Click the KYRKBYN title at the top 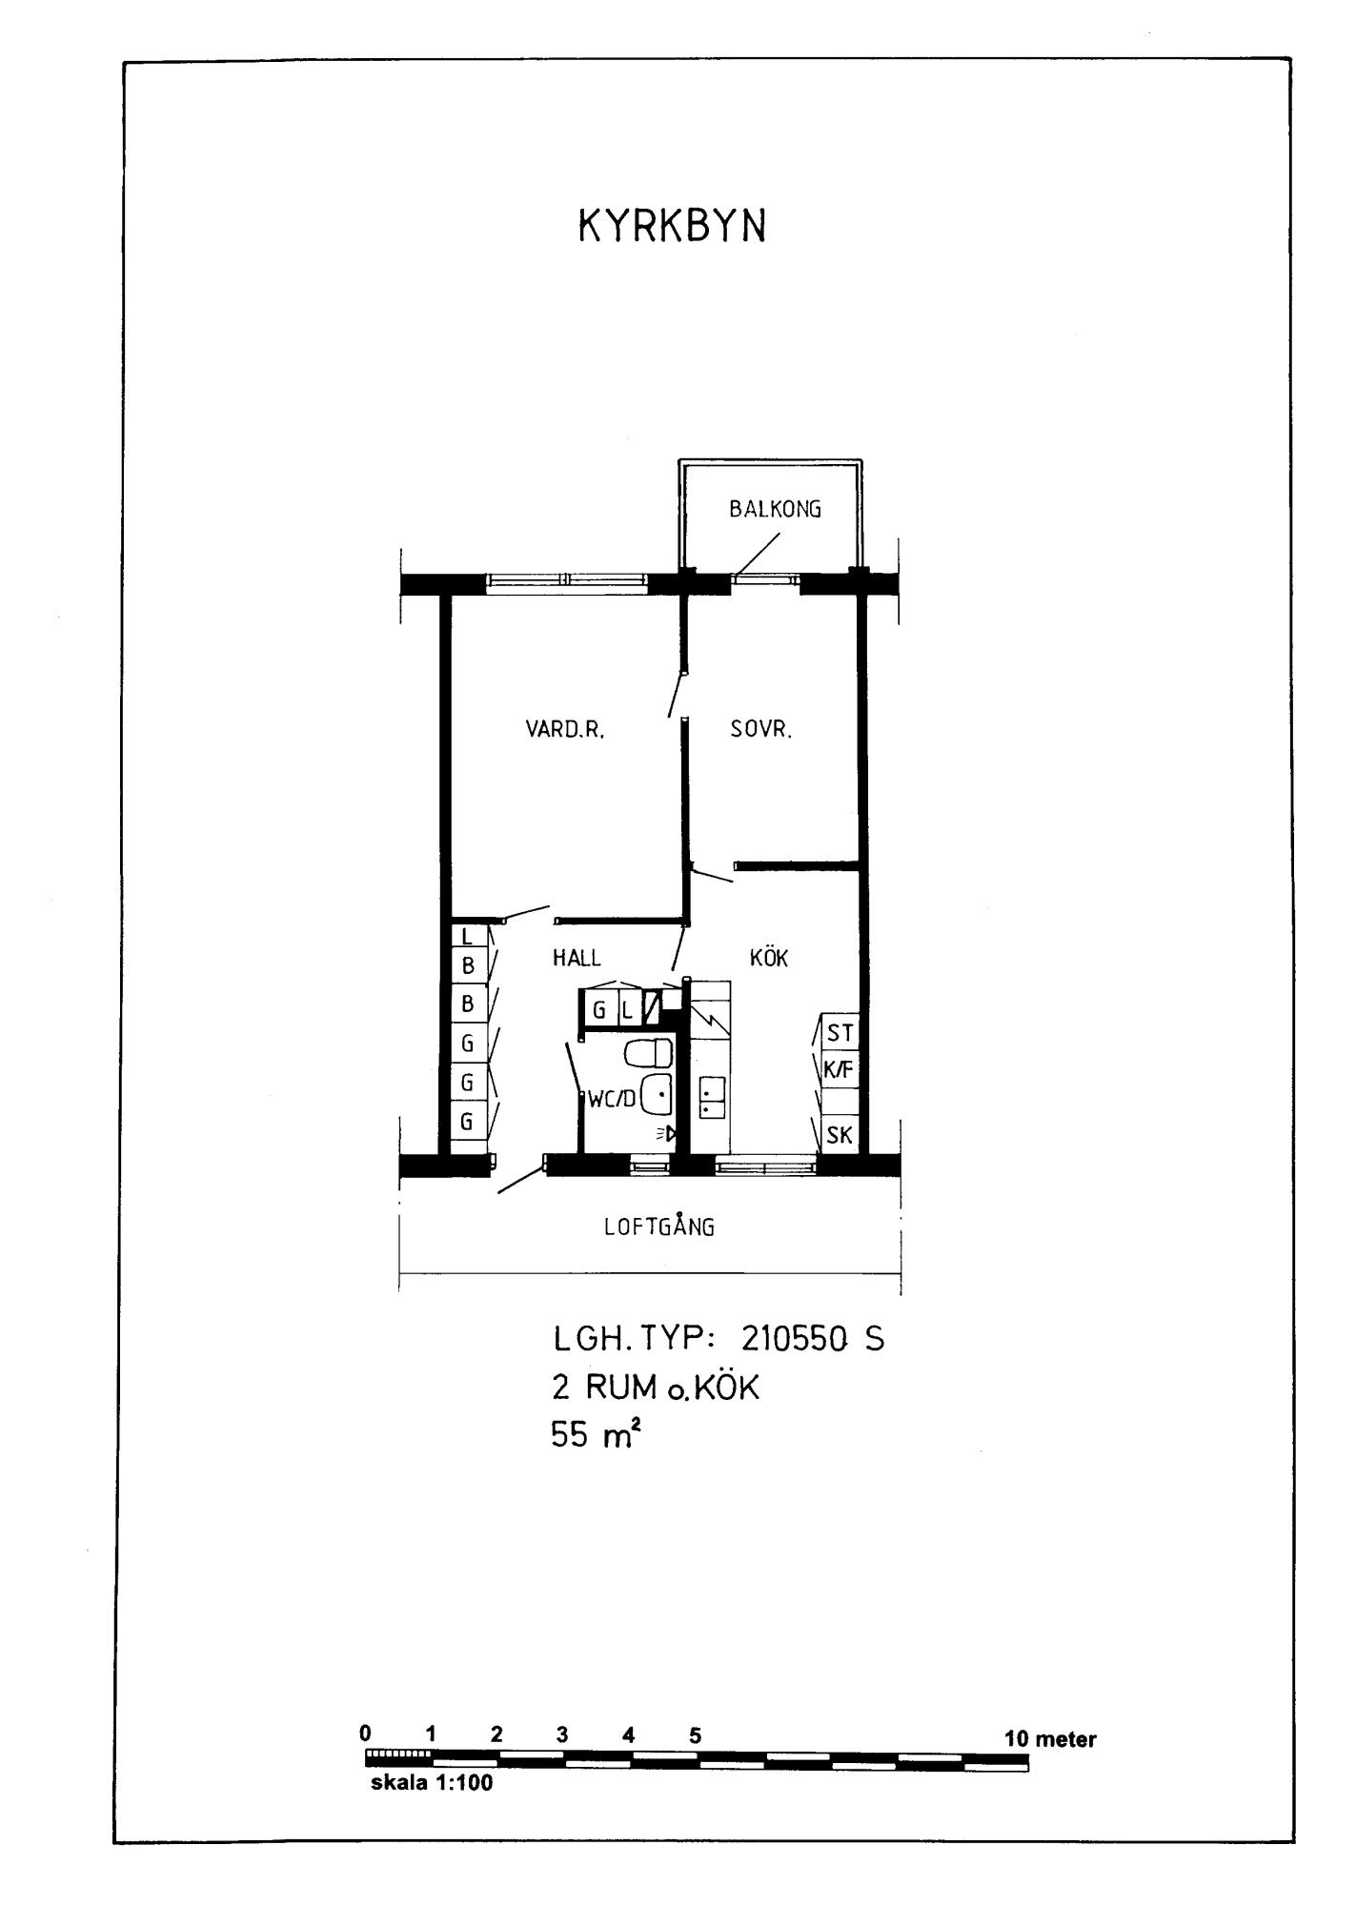click(x=672, y=227)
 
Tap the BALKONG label click(x=775, y=509)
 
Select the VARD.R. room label click(x=565, y=730)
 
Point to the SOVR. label click(x=761, y=730)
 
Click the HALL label click(x=577, y=958)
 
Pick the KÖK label click(x=769, y=957)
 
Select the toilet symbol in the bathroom click(x=648, y=1053)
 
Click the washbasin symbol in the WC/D click(x=657, y=1093)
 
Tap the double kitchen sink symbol click(x=712, y=1097)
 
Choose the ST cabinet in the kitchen click(x=840, y=1032)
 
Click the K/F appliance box click(x=840, y=1069)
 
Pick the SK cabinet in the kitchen click(x=840, y=1135)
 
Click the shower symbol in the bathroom click(x=666, y=1134)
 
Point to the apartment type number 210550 click(x=795, y=1340)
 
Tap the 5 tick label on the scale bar click(x=695, y=1734)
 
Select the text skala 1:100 click(x=432, y=1783)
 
